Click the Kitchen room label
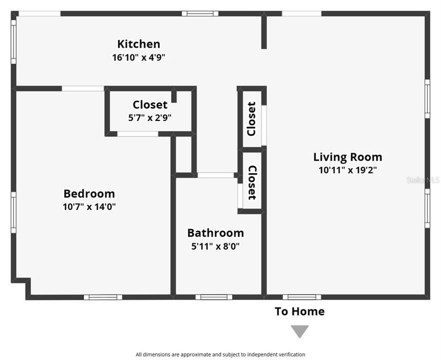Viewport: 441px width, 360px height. [x=138, y=44]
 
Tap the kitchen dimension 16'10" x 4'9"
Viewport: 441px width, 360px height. [x=138, y=57]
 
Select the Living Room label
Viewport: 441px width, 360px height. [x=347, y=157]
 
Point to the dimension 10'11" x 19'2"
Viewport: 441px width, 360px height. [x=347, y=170]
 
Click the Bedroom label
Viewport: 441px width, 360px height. [x=89, y=193]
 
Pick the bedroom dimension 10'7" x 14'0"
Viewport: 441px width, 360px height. [x=89, y=206]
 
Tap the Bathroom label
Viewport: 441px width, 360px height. [x=215, y=233]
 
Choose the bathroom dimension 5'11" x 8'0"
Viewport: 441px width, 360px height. [x=215, y=246]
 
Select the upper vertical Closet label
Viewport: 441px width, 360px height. [x=251, y=119]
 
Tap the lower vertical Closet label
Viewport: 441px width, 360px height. [x=251, y=182]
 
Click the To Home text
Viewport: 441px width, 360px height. [x=299, y=311]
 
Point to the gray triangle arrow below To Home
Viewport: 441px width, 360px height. [x=300, y=331]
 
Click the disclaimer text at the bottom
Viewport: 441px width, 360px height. [x=220, y=354]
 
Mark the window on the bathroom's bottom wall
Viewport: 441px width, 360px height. [x=213, y=297]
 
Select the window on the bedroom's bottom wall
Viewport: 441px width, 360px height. [x=102, y=297]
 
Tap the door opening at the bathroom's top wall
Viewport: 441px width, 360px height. [x=215, y=175]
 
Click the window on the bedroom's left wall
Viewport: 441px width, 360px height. [x=13, y=212]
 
